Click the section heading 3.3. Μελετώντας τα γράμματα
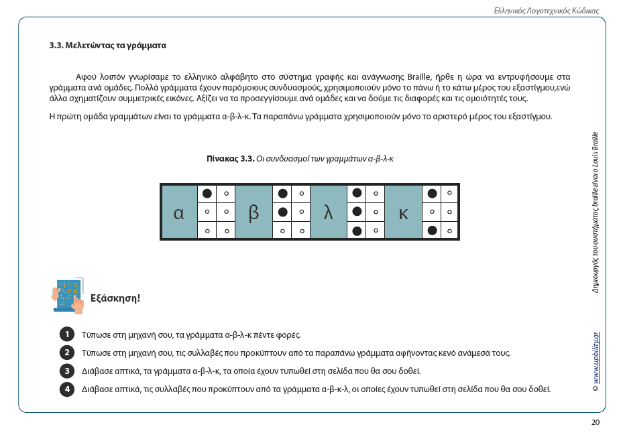[x=107, y=46]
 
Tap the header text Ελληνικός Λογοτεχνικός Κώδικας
[x=546, y=11]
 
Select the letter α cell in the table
[x=179, y=212]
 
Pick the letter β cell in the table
[x=254, y=212]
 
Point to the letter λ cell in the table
[x=329, y=212]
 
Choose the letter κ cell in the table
[x=403, y=212]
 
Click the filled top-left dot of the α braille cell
[x=207, y=194]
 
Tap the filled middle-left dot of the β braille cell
[x=283, y=212]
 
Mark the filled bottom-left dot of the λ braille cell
[x=357, y=231]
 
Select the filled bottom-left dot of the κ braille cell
[x=433, y=231]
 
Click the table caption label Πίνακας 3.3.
[x=230, y=159]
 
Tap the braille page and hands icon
[x=68, y=295]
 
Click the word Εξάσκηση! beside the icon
[x=115, y=298]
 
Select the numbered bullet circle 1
[x=66, y=334]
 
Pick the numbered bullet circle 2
[x=66, y=353]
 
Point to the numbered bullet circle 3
[x=66, y=371]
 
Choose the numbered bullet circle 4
[x=66, y=389]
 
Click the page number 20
[x=595, y=422]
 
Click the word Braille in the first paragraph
[x=416, y=76]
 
